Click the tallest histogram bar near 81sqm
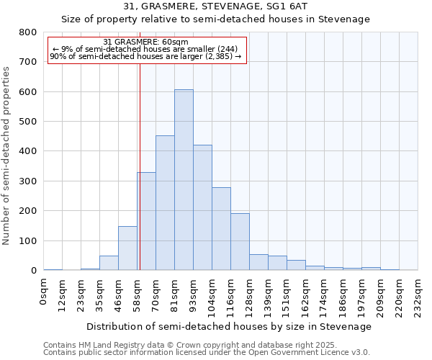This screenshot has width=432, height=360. pyautogui.click(x=184, y=180)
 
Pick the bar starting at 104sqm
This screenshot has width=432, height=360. pyautogui.click(x=221, y=229)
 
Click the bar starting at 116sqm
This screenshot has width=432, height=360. pyautogui.click(x=240, y=242)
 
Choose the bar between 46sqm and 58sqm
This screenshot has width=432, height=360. pyautogui.click(x=127, y=248)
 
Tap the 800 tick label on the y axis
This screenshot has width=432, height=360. pyautogui.click(x=28, y=32)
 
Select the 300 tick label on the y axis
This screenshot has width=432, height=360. pyautogui.click(x=28, y=181)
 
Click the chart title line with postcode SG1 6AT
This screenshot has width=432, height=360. pyautogui.click(x=216, y=6)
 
